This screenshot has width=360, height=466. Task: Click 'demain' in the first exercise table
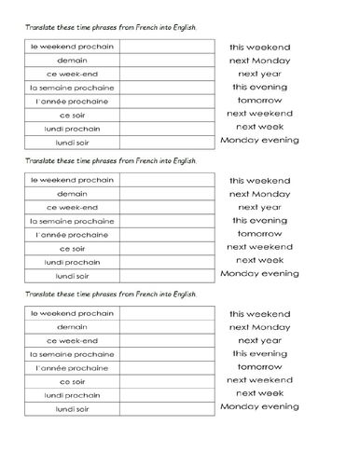click(x=72, y=61)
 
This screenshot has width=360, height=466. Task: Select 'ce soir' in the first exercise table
click(x=72, y=115)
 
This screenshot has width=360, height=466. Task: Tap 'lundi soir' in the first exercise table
click(x=72, y=143)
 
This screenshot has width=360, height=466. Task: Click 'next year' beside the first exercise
click(x=259, y=74)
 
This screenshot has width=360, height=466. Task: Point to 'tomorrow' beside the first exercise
click(x=259, y=100)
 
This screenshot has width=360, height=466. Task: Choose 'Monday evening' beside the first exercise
click(x=259, y=140)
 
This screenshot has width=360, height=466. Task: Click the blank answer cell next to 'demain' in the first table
click(x=163, y=61)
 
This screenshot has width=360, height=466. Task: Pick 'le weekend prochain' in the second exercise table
click(x=72, y=180)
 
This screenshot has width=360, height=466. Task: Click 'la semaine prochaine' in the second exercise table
click(x=72, y=221)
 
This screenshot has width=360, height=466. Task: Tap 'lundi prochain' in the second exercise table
click(x=72, y=262)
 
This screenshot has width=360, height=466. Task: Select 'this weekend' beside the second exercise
click(x=259, y=181)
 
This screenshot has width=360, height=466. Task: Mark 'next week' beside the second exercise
click(x=259, y=260)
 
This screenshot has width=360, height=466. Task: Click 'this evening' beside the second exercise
click(x=259, y=221)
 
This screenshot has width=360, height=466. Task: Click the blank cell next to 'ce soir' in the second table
click(x=163, y=249)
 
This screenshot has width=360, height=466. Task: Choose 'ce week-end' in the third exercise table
click(x=72, y=340)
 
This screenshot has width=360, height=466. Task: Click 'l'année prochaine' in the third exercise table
click(x=72, y=368)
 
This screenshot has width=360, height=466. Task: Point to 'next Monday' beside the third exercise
click(x=259, y=327)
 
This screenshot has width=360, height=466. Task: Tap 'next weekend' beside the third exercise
click(x=259, y=380)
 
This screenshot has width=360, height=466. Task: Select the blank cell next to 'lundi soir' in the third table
click(x=163, y=409)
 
